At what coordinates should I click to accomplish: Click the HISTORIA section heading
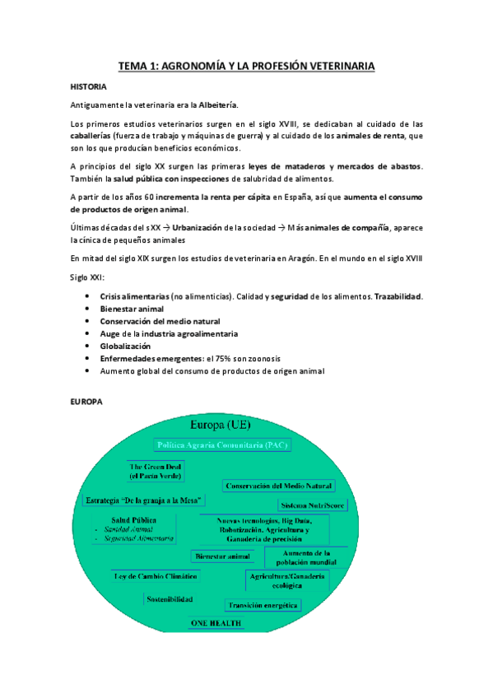(x=89, y=86)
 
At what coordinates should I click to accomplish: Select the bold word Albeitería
(x=216, y=105)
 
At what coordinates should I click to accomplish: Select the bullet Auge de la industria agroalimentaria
(x=169, y=333)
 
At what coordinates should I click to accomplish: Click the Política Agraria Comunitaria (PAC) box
(x=221, y=444)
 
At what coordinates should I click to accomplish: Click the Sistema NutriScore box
(x=312, y=505)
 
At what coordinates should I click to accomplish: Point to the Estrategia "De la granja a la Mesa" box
(x=145, y=500)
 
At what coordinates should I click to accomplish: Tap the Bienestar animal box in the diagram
(x=222, y=556)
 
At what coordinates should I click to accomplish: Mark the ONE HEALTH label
(x=216, y=623)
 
